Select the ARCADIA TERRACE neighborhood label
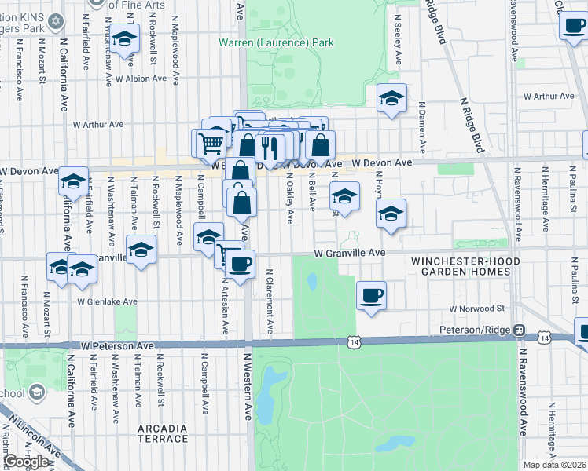point(162,433)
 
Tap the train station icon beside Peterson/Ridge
point(520,330)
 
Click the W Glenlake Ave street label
point(107,301)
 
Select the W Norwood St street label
point(476,309)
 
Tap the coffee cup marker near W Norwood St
point(371,296)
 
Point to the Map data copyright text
point(555,465)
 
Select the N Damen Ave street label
point(422,126)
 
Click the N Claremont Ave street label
point(270,301)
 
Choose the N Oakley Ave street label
point(290,200)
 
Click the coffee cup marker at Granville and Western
point(241,262)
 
